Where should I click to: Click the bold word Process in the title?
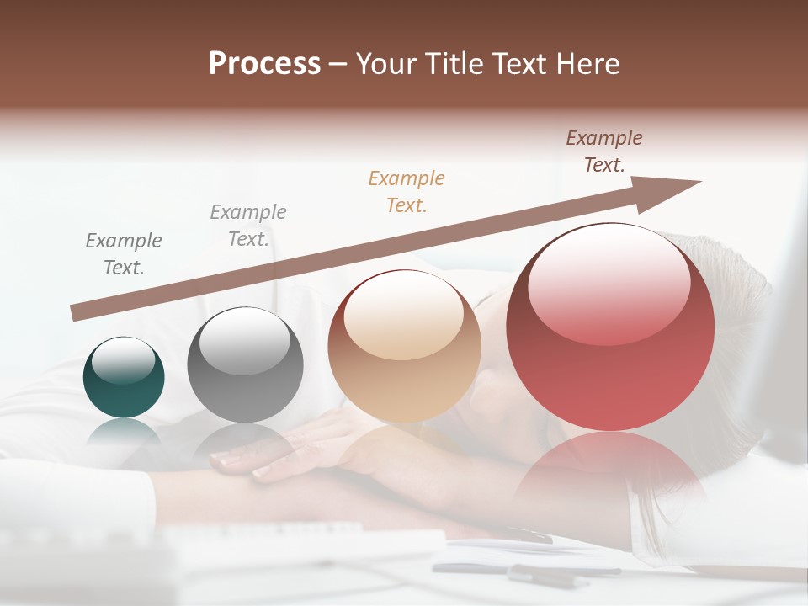point(264,64)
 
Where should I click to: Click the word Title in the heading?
point(455,64)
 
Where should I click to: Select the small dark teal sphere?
point(124,377)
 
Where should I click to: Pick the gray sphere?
point(245,364)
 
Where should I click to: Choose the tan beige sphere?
point(404,346)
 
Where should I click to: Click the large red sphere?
point(610,327)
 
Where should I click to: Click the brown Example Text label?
point(603,151)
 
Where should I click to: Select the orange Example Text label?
point(407,191)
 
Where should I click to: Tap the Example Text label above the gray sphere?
point(247,225)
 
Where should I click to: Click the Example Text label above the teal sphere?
point(124,253)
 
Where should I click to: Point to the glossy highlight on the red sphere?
point(609,282)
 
